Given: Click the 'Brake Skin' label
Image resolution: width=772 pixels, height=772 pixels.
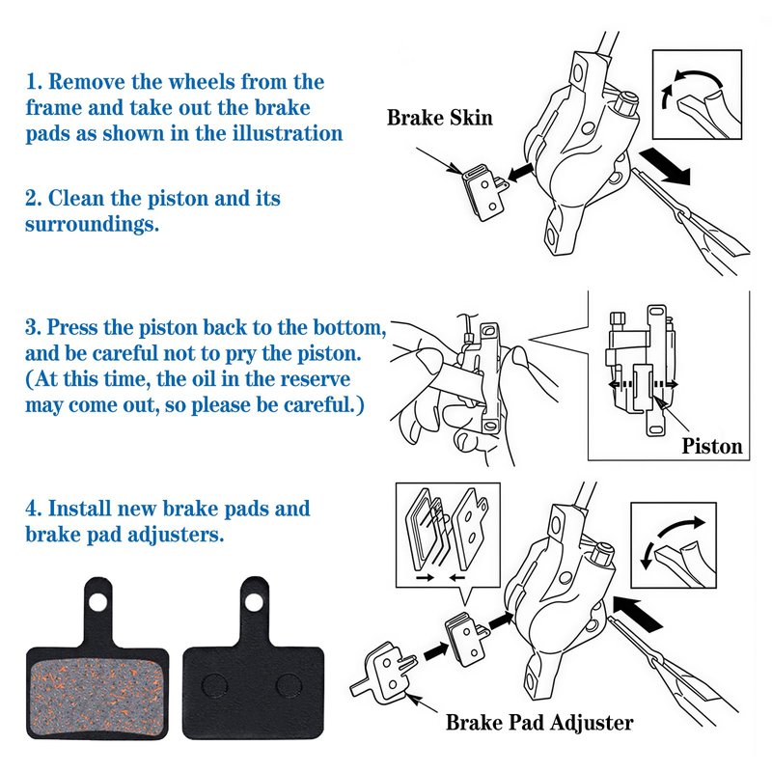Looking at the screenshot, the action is (x=439, y=118).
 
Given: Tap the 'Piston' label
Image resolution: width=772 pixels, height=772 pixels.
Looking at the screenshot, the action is (x=712, y=446).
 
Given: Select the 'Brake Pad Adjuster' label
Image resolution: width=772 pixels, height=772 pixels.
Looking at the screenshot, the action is (x=539, y=722).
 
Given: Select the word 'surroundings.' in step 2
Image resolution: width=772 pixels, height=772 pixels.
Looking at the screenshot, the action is (x=92, y=225).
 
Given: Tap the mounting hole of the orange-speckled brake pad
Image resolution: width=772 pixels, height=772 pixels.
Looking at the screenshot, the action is (x=97, y=601).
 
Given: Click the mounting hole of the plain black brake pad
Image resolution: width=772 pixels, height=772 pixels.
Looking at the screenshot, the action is (x=254, y=601).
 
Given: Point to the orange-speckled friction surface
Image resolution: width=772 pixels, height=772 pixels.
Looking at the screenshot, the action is (x=97, y=695).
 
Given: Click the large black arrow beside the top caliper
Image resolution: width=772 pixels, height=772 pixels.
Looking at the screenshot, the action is (x=666, y=166).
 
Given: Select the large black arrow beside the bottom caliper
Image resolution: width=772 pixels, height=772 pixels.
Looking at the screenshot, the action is (x=639, y=615).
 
